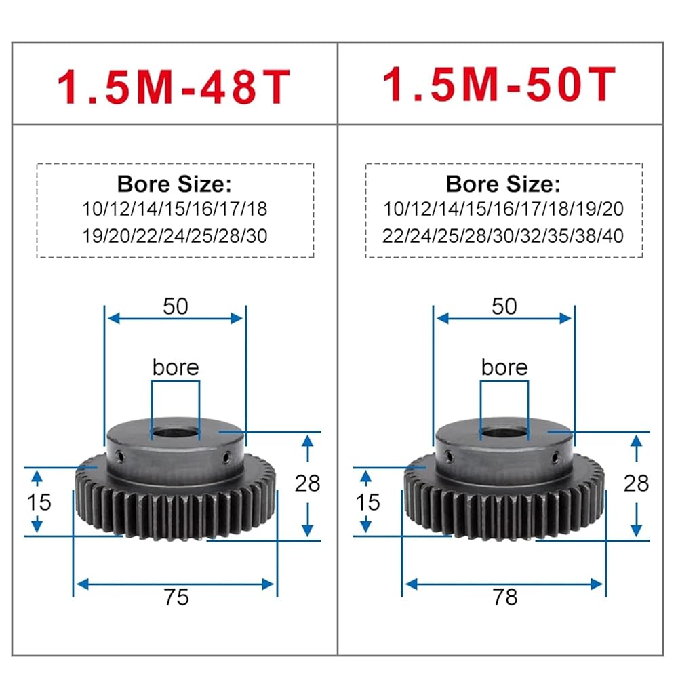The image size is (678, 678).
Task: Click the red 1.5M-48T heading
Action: [174, 87]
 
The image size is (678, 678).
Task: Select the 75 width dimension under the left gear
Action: [176, 597]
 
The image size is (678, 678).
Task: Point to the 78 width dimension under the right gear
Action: [505, 597]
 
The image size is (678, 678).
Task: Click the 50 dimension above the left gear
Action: [176, 306]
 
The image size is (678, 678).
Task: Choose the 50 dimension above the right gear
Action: [504, 306]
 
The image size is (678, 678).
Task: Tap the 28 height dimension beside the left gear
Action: [307, 483]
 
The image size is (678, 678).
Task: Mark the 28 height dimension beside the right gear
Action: [636, 483]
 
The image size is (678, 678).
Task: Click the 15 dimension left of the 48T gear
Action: [39, 502]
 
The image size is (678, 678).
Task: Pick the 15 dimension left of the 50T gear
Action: [367, 502]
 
